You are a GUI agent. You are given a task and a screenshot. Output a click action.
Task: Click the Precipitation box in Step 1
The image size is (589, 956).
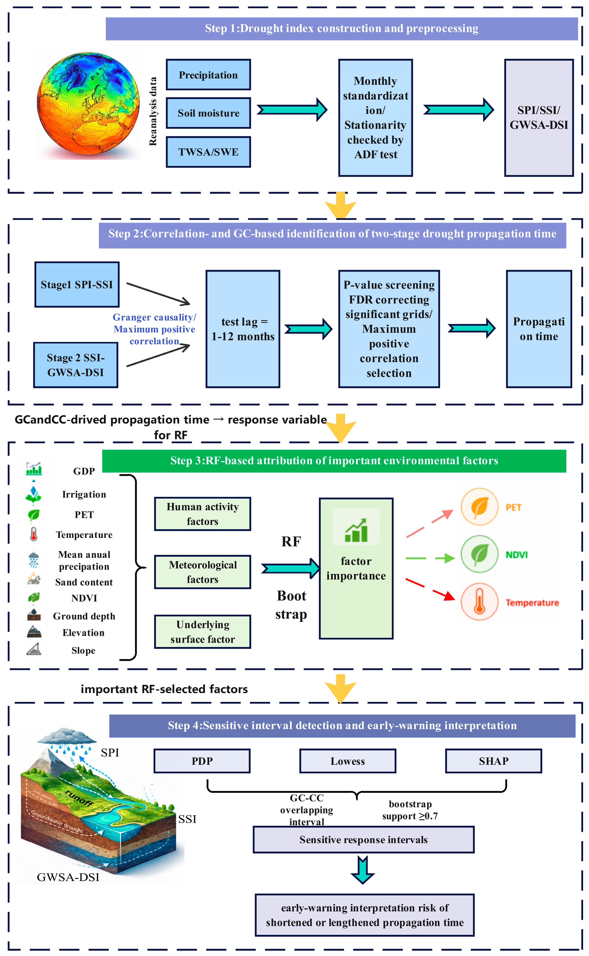(208, 75)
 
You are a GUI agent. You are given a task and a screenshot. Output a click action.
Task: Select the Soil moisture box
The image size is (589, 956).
(208, 113)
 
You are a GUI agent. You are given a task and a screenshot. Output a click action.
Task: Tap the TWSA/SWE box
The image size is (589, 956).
(208, 152)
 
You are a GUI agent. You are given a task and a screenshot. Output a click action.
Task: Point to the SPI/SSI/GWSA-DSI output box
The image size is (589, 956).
(539, 118)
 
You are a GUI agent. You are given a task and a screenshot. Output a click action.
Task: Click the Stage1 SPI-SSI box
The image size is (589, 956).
(77, 284)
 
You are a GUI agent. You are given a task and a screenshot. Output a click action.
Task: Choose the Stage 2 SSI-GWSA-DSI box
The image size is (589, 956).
(76, 365)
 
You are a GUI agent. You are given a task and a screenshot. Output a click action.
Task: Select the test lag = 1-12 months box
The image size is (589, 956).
(243, 329)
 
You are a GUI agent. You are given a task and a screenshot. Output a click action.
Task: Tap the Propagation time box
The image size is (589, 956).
(539, 329)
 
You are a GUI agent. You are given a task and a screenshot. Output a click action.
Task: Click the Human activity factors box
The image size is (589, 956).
(203, 514)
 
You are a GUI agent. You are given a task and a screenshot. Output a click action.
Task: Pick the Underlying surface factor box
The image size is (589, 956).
(203, 631)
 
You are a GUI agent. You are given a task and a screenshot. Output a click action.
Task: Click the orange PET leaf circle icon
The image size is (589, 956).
(480, 507)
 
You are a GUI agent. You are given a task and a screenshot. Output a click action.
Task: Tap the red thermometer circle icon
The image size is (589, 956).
(480, 601)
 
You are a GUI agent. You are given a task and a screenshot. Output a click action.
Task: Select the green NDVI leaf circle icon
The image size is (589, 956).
(480, 554)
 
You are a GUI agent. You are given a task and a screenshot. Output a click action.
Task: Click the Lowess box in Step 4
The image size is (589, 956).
(347, 761)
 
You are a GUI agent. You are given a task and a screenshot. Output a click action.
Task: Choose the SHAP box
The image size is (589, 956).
(493, 761)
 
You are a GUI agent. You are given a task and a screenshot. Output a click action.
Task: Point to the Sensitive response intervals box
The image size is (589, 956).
(363, 840)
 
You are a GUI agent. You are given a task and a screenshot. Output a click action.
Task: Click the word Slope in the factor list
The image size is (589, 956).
(83, 650)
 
